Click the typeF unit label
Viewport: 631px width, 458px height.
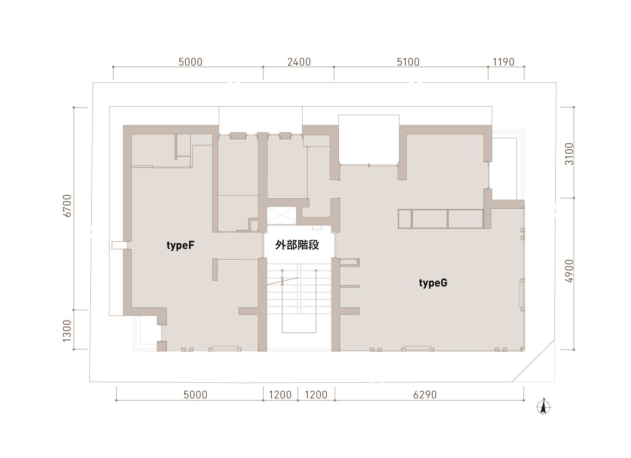(180, 245)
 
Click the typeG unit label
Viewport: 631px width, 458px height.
(433, 283)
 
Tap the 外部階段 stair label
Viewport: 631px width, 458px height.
(297, 245)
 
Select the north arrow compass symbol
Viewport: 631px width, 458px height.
(544, 407)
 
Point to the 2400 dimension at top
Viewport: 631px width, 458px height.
(299, 62)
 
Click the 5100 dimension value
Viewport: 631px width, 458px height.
(408, 62)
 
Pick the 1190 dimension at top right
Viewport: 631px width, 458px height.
(504, 62)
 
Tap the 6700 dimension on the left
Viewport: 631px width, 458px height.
(67, 206)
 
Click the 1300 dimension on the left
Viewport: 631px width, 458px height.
(67, 331)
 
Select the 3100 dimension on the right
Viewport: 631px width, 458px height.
(569, 154)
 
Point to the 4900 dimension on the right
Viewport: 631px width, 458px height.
(569, 271)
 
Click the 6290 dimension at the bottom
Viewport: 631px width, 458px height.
(425, 395)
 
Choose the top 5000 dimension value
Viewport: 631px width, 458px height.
(191, 62)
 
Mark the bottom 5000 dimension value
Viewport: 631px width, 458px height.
(195, 395)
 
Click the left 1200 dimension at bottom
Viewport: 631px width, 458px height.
(280, 395)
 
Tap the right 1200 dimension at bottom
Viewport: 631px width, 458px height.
(316, 395)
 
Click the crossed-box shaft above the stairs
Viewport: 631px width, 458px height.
(281, 216)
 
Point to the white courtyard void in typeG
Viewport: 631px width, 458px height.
(369, 140)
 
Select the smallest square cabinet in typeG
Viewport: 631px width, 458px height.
(405, 219)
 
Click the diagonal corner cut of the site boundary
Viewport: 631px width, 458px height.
(533, 361)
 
